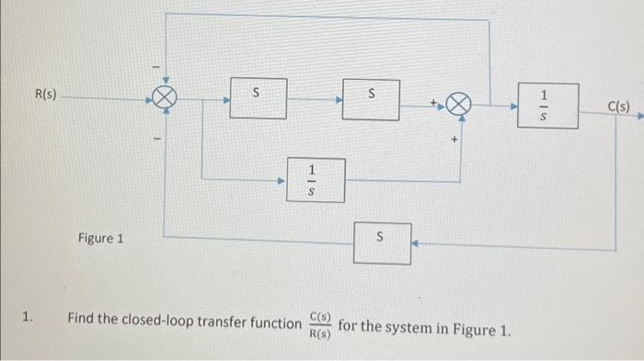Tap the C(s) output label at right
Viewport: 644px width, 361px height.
619,106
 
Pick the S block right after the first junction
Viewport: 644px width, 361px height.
257,96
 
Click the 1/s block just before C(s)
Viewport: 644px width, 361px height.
546,106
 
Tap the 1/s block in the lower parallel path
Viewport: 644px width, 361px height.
313,179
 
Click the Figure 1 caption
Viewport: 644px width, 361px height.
101,238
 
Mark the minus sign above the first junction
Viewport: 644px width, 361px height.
155,66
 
